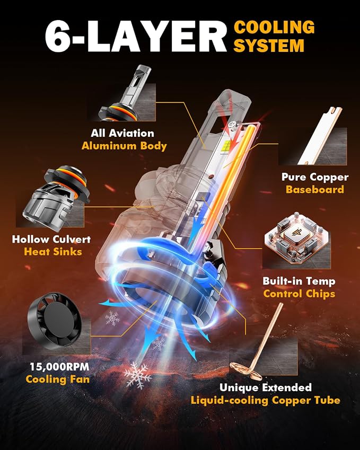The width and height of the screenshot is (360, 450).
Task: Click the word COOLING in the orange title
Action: [x=274, y=27]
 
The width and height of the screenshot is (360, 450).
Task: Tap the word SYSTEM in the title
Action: [x=269, y=46]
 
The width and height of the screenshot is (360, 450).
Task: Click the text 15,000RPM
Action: [x=60, y=366]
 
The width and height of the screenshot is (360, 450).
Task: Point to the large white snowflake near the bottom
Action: [x=138, y=375]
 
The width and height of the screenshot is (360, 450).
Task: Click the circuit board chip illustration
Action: [x=297, y=236]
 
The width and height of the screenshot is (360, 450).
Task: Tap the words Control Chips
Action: [x=299, y=294]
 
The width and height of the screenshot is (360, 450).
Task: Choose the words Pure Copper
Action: [x=315, y=177]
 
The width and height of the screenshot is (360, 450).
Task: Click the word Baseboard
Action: [x=315, y=189]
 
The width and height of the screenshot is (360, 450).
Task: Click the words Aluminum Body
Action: [x=124, y=146]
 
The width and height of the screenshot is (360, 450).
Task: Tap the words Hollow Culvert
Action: [x=51, y=239]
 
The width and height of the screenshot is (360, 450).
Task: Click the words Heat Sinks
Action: [x=53, y=252]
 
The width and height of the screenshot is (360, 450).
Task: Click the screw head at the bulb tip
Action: [x=232, y=124]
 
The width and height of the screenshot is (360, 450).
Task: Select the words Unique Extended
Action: [x=266, y=387]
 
